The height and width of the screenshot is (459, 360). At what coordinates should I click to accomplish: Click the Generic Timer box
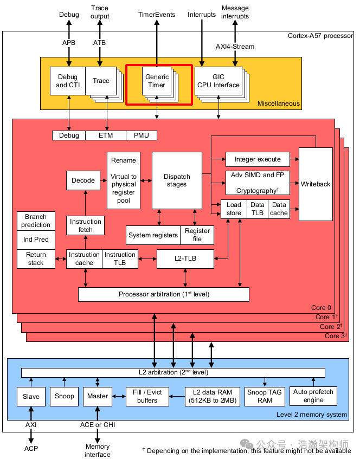(x=157, y=81)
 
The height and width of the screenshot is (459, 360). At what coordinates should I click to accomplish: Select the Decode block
(x=83, y=180)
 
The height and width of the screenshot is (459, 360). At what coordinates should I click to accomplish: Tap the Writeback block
(x=316, y=184)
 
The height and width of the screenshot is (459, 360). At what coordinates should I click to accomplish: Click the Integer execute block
(x=258, y=159)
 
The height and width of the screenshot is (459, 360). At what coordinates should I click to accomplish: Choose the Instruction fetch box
(x=85, y=225)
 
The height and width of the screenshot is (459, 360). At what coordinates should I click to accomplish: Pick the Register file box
(x=197, y=235)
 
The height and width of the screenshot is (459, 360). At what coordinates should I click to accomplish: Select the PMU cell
(x=142, y=135)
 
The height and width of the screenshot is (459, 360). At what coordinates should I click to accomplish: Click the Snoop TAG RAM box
(x=264, y=396)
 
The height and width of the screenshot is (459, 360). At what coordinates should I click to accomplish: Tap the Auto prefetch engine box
(x=313, y=396)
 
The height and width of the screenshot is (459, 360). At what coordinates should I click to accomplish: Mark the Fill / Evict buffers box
(x=147, y=396)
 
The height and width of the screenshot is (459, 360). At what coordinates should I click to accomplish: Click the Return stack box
(x=36, y=258)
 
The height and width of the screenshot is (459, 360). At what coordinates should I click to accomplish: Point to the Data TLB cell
(x=258, y=209)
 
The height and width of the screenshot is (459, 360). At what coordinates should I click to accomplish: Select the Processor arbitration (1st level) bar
(x=164, y=294)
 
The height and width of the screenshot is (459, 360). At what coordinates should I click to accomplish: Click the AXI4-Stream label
(x=235, y=47)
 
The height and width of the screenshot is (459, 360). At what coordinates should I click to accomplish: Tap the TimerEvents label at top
(x=157, y=15)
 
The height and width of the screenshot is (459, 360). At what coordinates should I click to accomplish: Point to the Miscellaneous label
(x=278, y=104)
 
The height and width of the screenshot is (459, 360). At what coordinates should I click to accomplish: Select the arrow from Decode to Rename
(x=103, y=180)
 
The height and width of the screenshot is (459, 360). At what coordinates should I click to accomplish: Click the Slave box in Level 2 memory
(x=31, y=396)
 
